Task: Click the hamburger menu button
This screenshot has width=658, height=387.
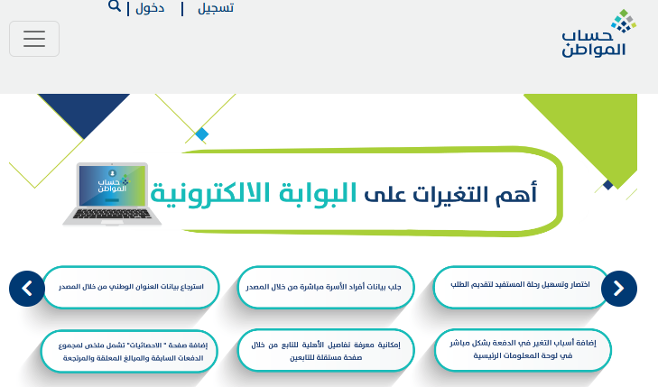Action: tap(34, 39)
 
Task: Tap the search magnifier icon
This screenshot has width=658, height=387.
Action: tap(114, 6)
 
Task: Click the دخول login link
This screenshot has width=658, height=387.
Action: tap(150, 8)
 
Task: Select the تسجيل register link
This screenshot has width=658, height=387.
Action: tap(216, 8)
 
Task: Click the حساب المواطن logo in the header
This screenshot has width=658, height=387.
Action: tap(598, 33)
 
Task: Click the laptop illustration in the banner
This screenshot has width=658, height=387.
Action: tap(112, 194)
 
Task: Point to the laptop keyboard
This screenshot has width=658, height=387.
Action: tap(112, 214)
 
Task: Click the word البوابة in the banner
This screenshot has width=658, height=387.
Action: tap(318, 194)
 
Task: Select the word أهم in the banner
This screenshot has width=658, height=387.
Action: tap(516, 194)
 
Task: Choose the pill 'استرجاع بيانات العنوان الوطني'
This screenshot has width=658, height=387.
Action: tap(131, 287)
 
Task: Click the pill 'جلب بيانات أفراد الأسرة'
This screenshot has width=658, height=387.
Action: tap(326, 287)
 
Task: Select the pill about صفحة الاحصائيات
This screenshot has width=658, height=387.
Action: tap(129, 351)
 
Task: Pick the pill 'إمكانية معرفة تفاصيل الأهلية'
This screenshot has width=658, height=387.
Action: tap(326, 351)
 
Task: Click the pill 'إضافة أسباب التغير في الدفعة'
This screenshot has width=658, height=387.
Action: tap(523, 350)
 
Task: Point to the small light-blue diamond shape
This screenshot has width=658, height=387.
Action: tap(202, 134)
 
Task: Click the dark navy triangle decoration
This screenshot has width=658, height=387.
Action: tap(84, 111)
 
